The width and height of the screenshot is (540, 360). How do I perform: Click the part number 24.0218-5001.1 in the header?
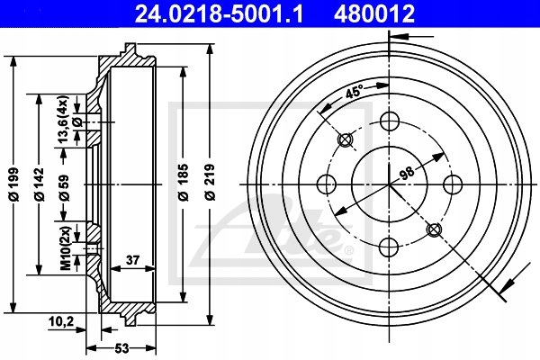219,13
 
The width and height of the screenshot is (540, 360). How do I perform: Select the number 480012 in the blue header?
374,13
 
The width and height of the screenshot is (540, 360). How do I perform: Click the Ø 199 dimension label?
13,184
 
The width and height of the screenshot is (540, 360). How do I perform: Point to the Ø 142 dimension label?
39,184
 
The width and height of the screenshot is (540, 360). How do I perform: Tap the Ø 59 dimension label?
64,188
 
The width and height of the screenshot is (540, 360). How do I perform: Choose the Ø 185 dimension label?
184,183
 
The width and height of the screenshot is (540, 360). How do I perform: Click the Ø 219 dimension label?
210,183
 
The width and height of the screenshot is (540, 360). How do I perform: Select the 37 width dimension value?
132,260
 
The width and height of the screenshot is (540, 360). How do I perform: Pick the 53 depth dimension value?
121,348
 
